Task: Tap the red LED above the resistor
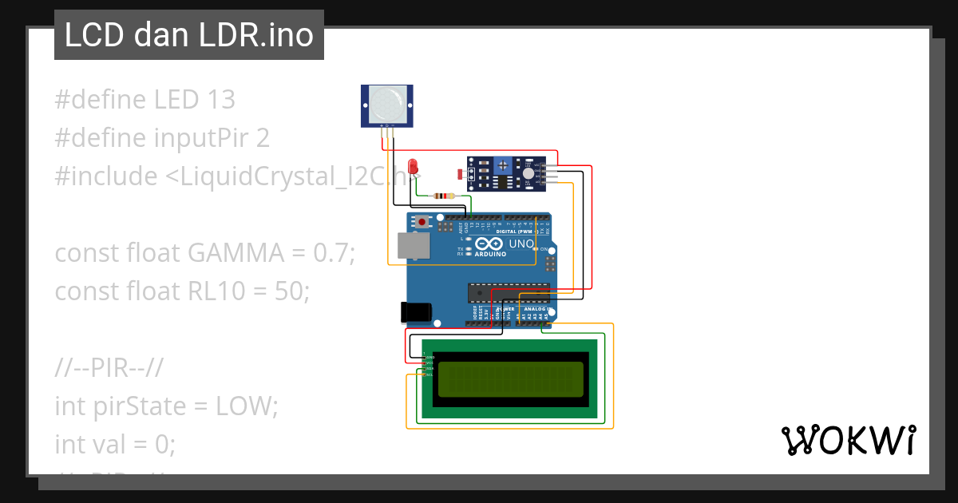(413, 166)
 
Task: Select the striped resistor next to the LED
(442, 196)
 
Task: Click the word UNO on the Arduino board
(521, 244)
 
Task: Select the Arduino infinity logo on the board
(489, 244)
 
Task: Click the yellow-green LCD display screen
(511, 378)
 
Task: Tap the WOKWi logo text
(848, 441)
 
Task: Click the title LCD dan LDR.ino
(188, 35)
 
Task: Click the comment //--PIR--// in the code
(109, 368)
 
